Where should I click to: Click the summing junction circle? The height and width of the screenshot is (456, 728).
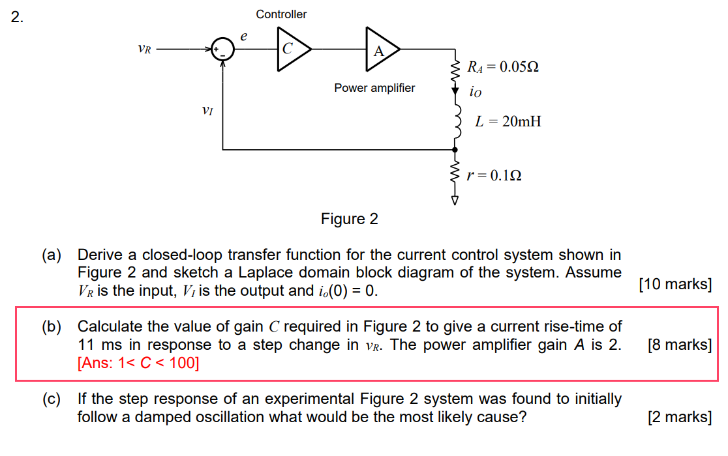click(x=224, y=50)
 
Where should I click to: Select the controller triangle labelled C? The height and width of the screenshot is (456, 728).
click(x=290, y=49)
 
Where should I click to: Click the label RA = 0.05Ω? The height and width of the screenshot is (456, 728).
click(x=503, y=67)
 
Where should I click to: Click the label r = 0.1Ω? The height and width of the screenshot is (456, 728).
click(x=494, y=175)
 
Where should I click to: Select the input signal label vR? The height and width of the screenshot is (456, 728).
click(x=144, y=49)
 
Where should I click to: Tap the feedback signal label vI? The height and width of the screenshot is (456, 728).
click(x=207, y=111)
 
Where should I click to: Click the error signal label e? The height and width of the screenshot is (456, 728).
click(x=243, y=37)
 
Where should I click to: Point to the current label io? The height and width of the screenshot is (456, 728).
click(x=476, y=93)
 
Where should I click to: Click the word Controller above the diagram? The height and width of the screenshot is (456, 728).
click(x=281, y=14)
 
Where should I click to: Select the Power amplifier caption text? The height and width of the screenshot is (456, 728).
click(x=374, y=88)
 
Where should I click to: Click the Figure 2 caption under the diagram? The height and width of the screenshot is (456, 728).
click(x=349, y=219)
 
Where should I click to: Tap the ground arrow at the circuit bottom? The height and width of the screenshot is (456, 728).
click(x=455, y=201)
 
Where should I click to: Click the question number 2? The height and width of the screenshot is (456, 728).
click(x=17, y=18)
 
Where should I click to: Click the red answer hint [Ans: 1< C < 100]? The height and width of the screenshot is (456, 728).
click(x=138, y=363)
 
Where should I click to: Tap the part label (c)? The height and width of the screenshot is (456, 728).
click(x=53, y=399)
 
